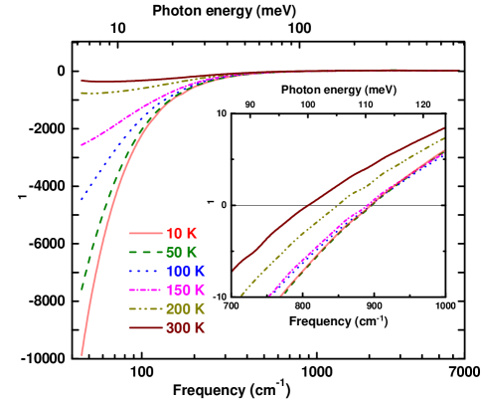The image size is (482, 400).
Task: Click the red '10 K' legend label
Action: (181, 233)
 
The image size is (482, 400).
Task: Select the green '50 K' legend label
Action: (181, 252)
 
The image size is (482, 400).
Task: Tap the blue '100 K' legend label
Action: (185, 271)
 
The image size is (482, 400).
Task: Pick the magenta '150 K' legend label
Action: (185, 290)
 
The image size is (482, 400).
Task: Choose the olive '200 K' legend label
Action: (185, 308)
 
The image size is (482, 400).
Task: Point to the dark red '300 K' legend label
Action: (185, 327)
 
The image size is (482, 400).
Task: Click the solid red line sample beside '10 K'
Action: (145, 233)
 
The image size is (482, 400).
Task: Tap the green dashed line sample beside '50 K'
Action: (145, 252)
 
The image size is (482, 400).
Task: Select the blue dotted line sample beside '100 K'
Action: (145, 271)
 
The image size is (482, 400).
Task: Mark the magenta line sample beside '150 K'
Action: (145, 290)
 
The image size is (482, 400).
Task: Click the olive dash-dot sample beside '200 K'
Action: (145, 308)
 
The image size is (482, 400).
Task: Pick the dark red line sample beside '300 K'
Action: (145, 327)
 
